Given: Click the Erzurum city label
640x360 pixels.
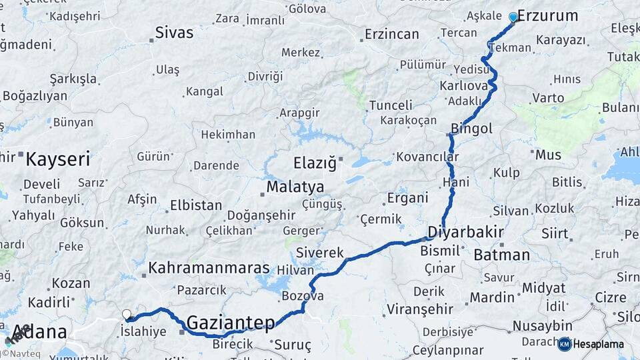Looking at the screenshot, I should [x=547, y=15].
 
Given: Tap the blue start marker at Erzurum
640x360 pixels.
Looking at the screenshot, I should [x=513, y=17].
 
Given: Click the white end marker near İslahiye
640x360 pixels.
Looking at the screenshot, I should [x=127, y=314].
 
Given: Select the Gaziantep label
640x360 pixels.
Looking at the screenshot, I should [x=231, y=323].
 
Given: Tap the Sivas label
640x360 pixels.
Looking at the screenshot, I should [x=174, y=32].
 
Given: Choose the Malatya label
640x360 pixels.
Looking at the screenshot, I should [x=295, y=187].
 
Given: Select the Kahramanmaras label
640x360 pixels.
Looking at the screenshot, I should [x=209, y=268].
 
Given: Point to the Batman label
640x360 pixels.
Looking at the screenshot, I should [x=501, y=255].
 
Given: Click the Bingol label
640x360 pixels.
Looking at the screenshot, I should [x=471, y=128].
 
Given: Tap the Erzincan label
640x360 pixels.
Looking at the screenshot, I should [x=392, y=34].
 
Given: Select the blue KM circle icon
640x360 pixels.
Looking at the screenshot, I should [x=565, y=344].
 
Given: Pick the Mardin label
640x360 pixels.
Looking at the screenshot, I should [x=492, y=297].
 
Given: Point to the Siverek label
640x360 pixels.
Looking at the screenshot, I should [x=319, y=253].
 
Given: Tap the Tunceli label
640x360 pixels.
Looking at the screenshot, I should [x=391, y=105].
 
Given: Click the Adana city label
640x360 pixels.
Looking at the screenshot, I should [x=40, y=332].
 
